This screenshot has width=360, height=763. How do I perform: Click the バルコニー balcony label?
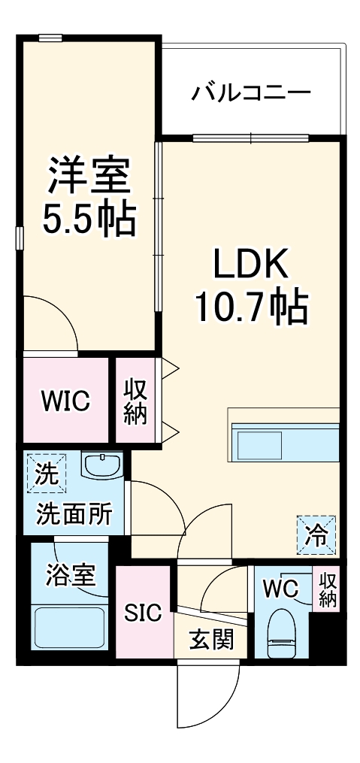coord(250,92)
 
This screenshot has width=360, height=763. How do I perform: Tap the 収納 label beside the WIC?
coord(135,401)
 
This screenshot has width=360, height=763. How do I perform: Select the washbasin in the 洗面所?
coord(101,465)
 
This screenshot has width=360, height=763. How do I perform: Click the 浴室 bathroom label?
coord(71,576)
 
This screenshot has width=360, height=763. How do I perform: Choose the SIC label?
coord(142,613)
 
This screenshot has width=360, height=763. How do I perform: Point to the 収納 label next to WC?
coord(328,591)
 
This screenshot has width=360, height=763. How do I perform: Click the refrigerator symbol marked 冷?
coord(316,536)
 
